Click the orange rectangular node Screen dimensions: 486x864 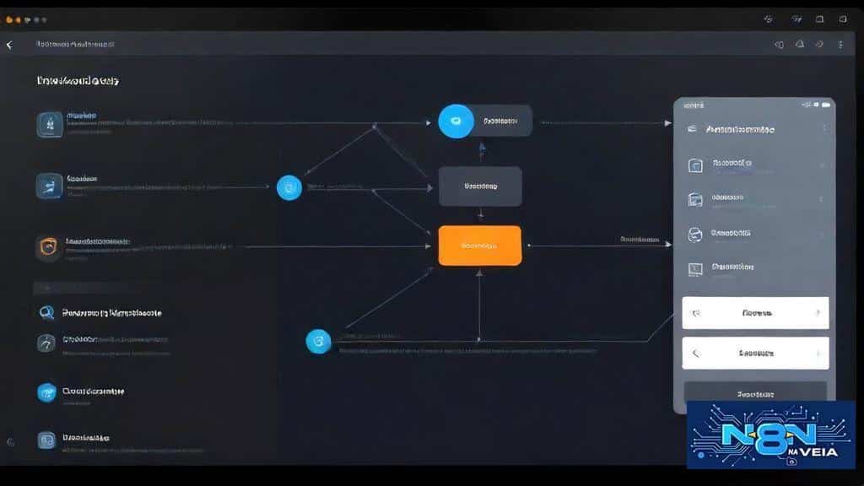pyautogui.click(x=479, y=246)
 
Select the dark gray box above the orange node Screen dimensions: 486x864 pyautogui.click(x=480, y=186)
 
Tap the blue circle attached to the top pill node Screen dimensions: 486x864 pyautogui.click(x=456, y=121)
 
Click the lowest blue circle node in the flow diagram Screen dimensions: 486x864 pyautogui.click(x=318, y=341)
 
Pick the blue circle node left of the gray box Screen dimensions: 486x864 pyautogui.click(x=289, y=187)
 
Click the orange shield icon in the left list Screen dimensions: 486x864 pyautogui.click(x=49, y=247)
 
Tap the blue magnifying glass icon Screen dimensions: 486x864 pyautogui.click(x=47, y=313)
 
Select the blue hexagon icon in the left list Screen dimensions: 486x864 pyautogui.click(x=47, y=392)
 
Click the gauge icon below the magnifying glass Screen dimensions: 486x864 pyautogui.click(x=47, y=343)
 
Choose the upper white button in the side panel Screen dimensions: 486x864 pyautogui.click(x=755, y=313)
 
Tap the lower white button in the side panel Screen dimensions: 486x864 pyautogui.click(x=755, y=354)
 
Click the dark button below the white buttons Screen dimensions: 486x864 pyautogui.click(x=755, y=393)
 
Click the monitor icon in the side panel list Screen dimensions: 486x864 pyautogui.click(x=696, y=269)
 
